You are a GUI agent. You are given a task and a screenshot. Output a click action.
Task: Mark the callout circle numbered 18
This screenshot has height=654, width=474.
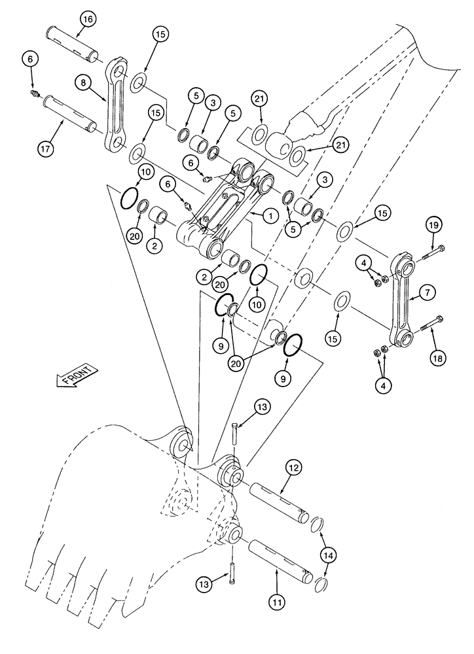[437, 357]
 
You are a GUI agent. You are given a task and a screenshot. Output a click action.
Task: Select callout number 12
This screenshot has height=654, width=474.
[293, 468]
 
